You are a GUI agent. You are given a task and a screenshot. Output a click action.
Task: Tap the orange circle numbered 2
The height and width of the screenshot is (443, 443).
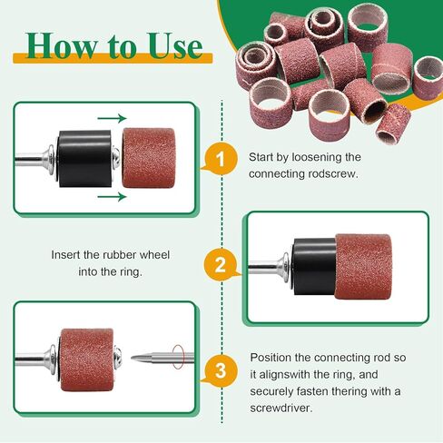[x=215, y=267]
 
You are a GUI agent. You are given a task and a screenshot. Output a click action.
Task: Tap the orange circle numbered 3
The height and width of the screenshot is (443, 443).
[x=215, y=370]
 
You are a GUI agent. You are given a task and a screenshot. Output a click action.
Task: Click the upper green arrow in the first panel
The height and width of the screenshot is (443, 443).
[x=111, y=116]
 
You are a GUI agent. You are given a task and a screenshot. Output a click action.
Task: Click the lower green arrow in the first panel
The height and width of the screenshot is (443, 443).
[x=111, y=195]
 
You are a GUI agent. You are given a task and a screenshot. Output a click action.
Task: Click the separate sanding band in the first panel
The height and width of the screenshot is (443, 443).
[x=145, y=155]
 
